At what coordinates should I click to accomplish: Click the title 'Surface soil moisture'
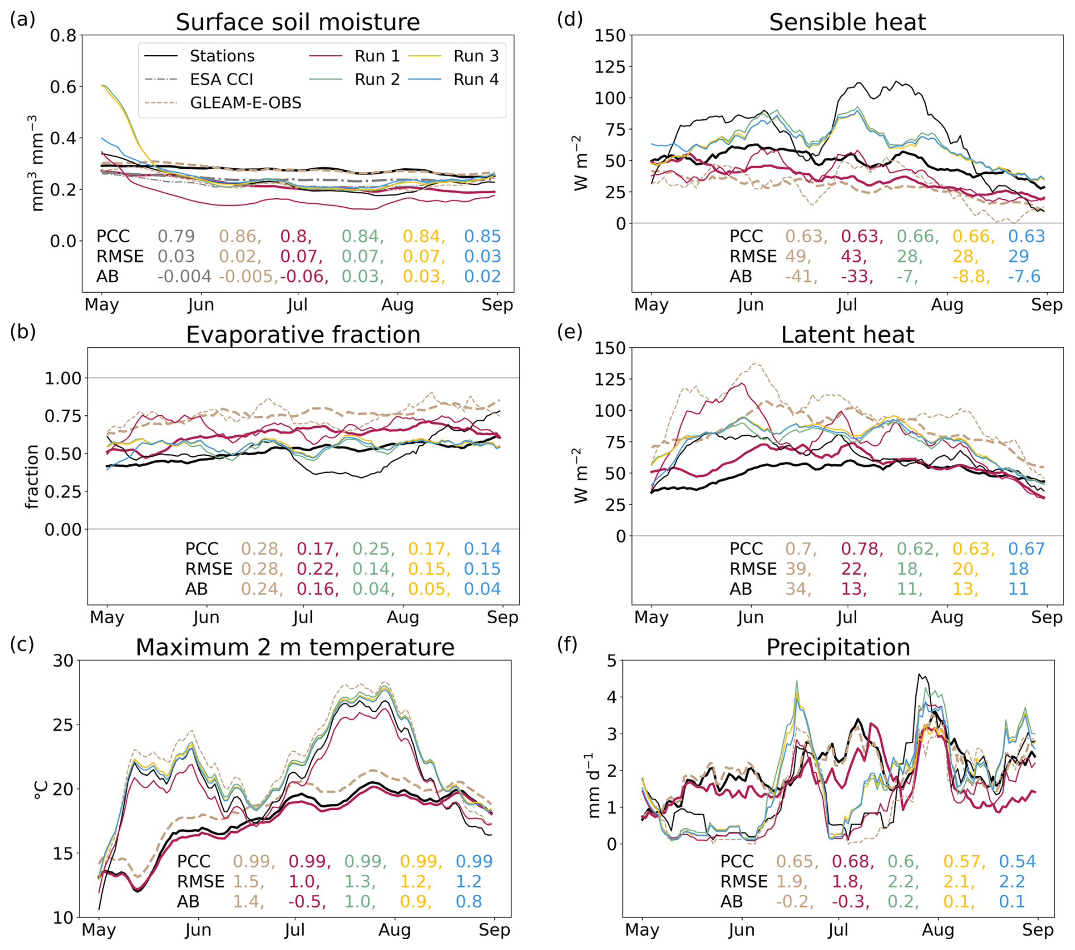pos(298,22)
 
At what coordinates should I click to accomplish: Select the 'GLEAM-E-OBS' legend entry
pos(245,103)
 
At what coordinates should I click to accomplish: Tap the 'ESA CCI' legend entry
pos(221,80)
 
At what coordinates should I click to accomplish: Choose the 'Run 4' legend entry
pos(476,80)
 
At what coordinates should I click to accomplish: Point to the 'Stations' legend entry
pos(222,56)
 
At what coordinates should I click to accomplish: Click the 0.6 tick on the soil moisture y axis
pos(63,87)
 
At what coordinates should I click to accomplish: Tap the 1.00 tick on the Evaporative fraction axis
pos(63,378)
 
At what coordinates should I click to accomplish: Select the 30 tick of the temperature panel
pos(63,661)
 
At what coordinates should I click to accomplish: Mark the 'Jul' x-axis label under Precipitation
pos(838,930)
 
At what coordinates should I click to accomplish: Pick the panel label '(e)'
pos(570,332)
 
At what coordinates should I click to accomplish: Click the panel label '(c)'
pos(22,644)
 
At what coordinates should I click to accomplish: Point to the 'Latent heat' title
pos(847,335)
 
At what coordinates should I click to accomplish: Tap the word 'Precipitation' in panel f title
pos(838,647)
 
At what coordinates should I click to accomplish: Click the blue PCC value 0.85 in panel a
pos(482,236)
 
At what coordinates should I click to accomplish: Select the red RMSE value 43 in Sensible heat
pos(852,256)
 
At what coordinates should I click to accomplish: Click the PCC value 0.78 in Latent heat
pos(860,549)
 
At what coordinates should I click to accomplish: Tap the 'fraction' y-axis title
pos(32,476)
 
